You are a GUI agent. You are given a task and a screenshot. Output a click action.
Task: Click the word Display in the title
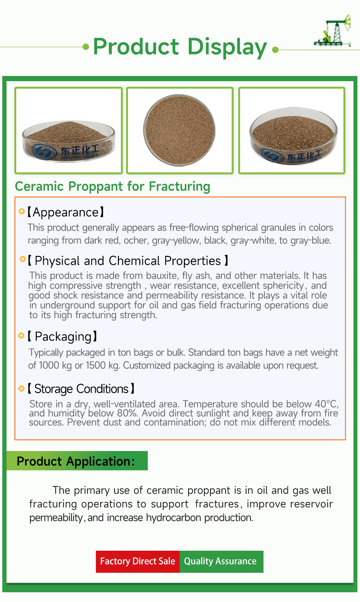(227, 47)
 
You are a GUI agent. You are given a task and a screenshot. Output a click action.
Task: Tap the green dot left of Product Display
(86, 47)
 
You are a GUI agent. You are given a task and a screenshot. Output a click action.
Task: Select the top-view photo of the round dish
(180, 130)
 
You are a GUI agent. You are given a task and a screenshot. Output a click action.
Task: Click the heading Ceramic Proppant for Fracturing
(112, 187)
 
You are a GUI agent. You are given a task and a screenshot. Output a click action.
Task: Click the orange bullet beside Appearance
(22, 211)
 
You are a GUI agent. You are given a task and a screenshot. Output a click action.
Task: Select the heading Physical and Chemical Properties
(128, 261)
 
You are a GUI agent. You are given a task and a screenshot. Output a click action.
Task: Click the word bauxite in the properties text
(162, 276)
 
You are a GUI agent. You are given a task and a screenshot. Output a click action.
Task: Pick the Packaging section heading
(62, 337)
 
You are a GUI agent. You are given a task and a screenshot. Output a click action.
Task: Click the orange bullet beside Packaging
(21, 336)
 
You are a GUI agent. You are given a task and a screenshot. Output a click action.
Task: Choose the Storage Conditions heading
(81, 389)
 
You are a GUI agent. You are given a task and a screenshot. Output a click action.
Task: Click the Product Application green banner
(77, 461)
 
